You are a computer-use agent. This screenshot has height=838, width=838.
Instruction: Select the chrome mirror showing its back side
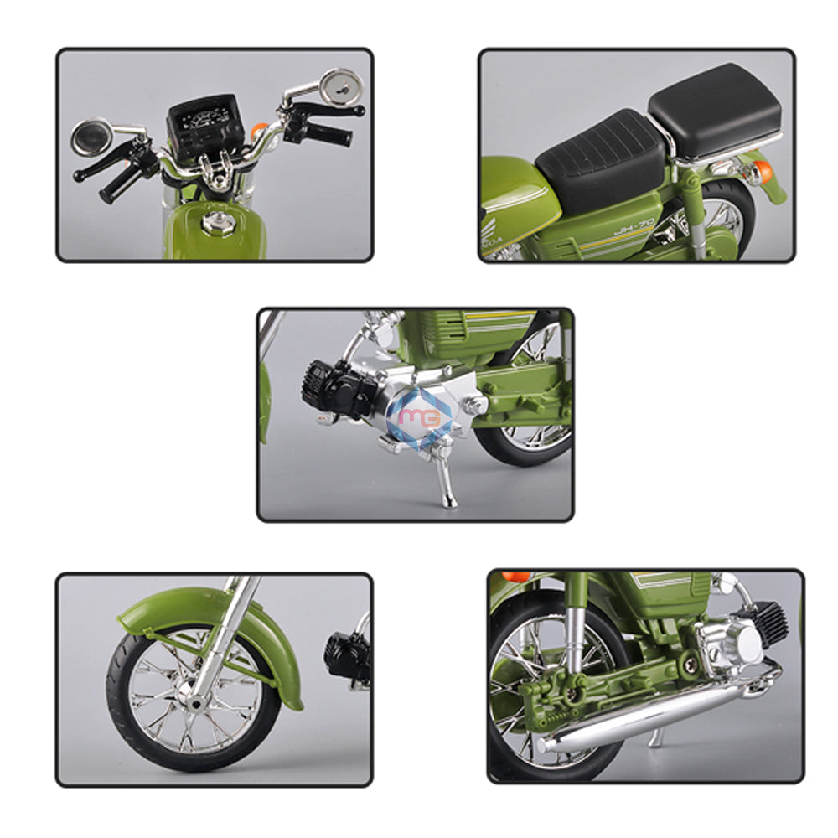point(342,86)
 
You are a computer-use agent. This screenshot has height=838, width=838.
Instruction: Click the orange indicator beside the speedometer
point(260,131)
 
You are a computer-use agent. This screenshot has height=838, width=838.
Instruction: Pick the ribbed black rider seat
point(601,158)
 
